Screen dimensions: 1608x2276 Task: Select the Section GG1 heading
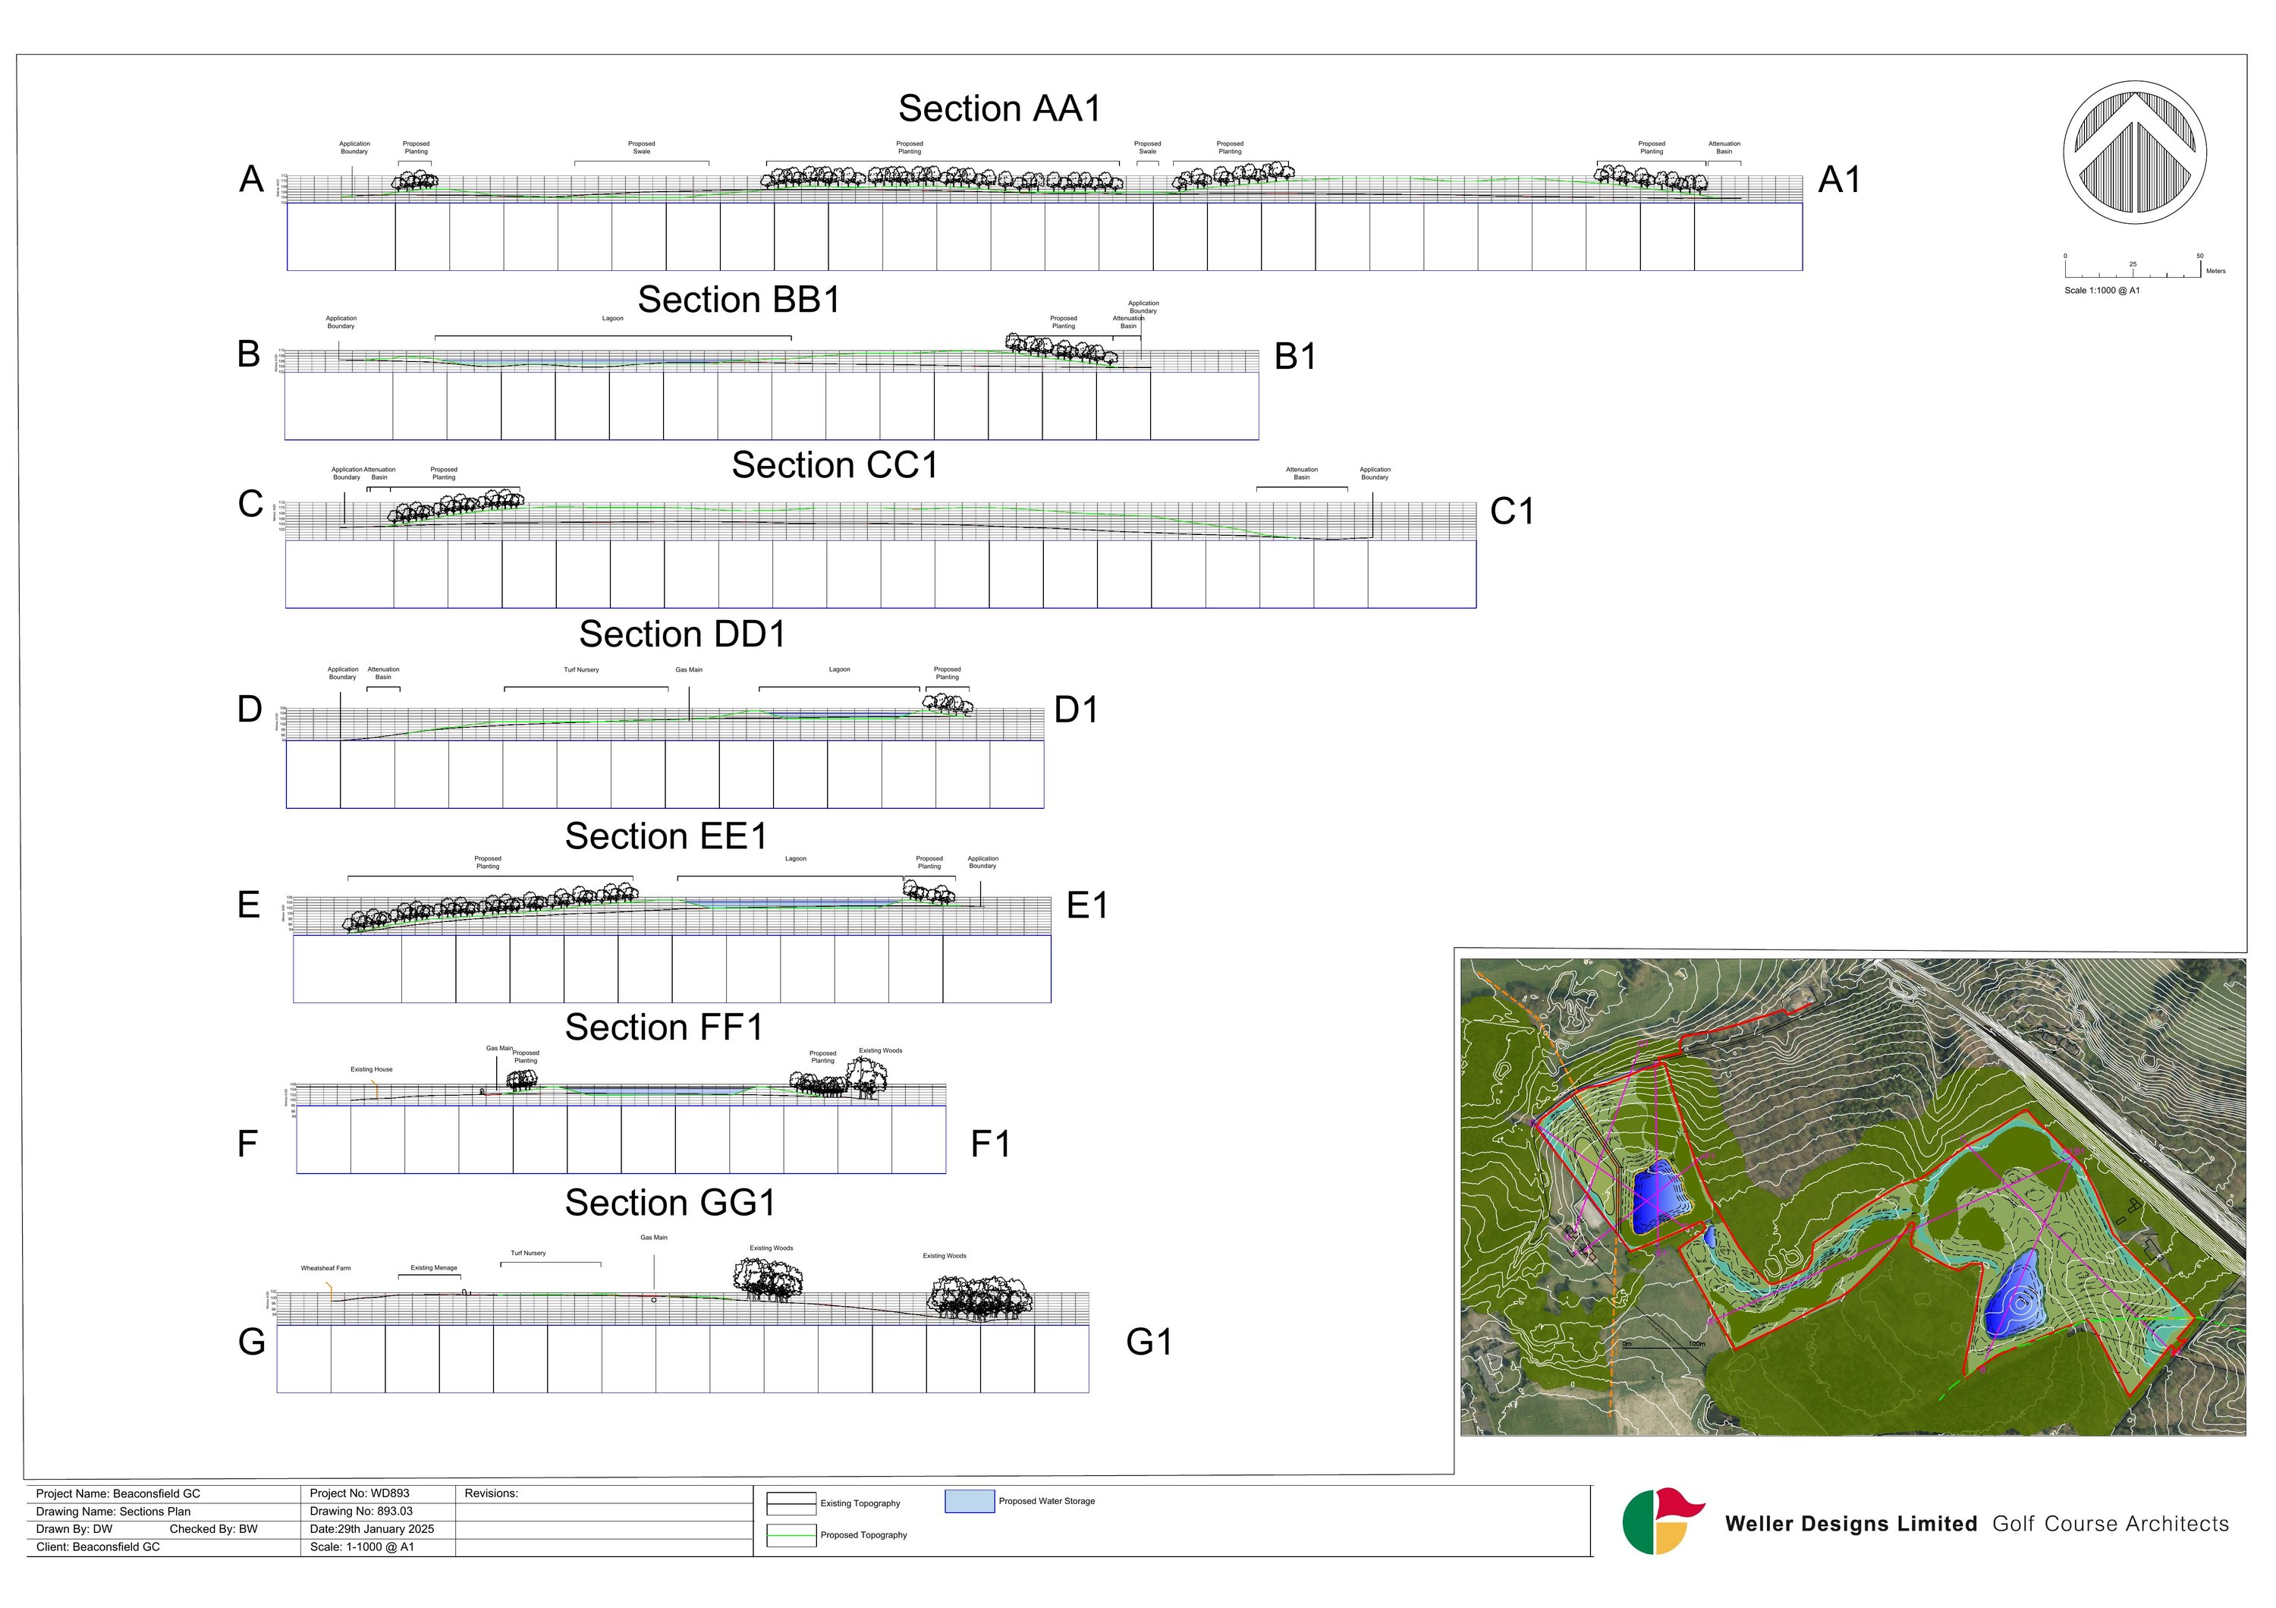[670, 1203]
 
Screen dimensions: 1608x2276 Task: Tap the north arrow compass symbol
[2134, 152]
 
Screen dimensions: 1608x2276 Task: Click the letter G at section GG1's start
[252, 1342]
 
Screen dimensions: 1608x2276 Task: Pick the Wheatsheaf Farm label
[326, 1268]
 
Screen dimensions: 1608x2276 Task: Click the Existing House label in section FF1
[372, 1070]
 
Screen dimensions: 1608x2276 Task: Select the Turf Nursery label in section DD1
[581, 670]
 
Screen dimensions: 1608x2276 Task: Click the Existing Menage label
[434, 1268]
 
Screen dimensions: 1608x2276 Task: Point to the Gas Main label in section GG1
[653, 1237]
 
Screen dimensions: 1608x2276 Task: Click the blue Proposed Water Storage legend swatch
[969, 1501]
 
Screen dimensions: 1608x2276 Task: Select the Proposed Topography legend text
[863, 1534]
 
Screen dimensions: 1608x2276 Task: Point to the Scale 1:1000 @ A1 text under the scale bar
[2102, 291]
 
